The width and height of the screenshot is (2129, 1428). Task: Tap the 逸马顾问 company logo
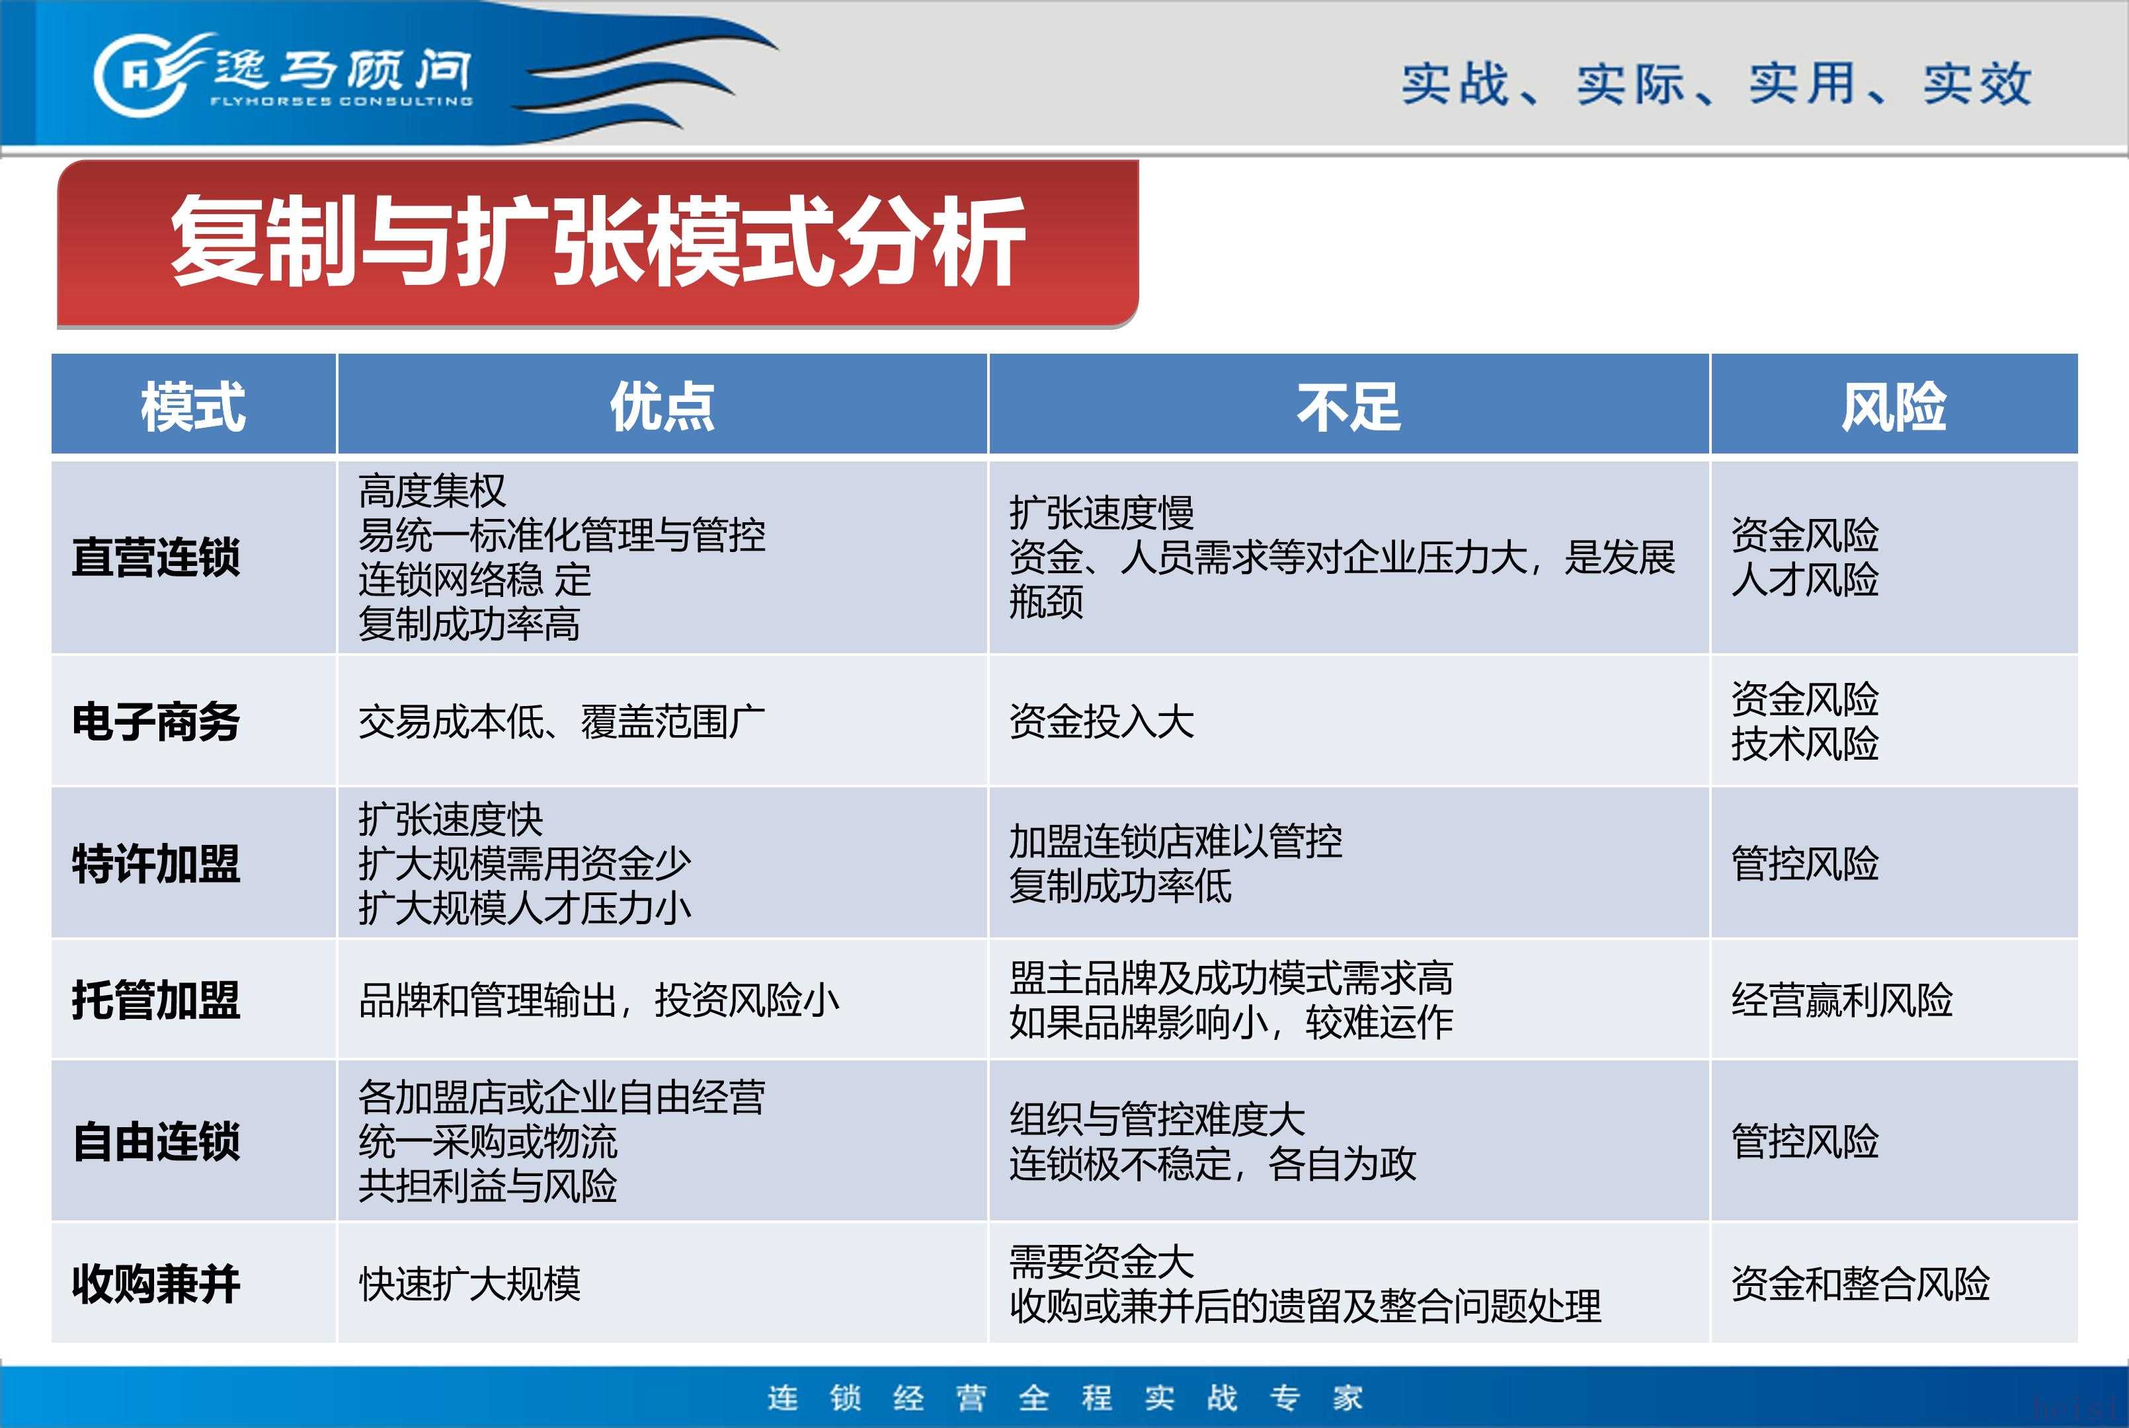[283, 74]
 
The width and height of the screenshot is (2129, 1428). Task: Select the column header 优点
[662, 406]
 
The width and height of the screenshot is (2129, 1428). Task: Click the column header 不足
[1349, 406]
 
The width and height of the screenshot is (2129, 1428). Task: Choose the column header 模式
[193, 406]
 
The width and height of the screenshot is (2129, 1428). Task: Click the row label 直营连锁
[156, 557]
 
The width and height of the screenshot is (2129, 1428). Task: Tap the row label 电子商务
[156, 722]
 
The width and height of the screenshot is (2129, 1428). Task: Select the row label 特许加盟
[156, 863]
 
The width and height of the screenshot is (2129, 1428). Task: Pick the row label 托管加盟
[156, 1000]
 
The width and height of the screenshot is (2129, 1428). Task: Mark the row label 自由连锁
[156, 1141]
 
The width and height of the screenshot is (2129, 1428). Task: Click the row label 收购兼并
[156, 1284]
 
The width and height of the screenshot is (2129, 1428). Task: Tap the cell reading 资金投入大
[1102, 722]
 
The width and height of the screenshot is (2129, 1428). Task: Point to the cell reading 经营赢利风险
[1842, 1000]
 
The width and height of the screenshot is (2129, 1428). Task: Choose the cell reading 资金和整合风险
[1861, 1284]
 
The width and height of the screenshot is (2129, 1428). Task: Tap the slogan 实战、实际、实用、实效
[1716, 84]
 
